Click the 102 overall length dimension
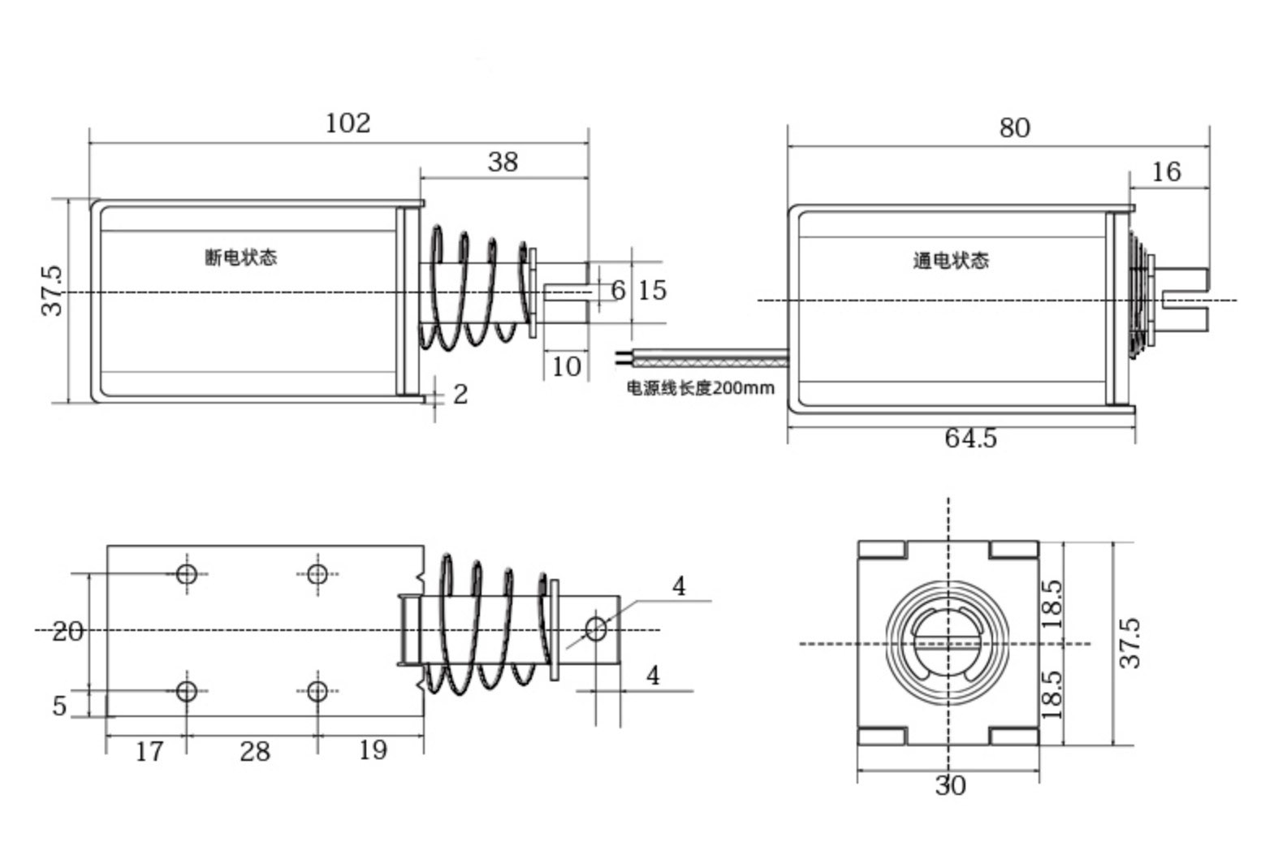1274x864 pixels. [x=348, y=123]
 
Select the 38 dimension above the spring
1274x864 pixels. [x=503, y=162]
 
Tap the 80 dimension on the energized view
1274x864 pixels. [x=1014, y=128]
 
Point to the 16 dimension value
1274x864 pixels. [x=1166, y=172]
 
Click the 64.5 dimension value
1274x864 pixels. [x=970, y=438]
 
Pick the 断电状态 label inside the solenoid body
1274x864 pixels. [x=240, y=257]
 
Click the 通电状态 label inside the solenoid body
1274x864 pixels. [x=951, y=261]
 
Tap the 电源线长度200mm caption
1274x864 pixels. [x=700, y=388]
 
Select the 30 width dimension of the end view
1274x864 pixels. [x=950, y=786]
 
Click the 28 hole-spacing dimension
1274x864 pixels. [x=254, y=752]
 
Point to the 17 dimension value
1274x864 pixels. [x=149, y=752]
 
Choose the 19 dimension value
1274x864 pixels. [x=373, y=750]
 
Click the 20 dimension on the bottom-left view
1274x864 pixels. [x=67, y=632]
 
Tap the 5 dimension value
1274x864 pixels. [x=59, y=706]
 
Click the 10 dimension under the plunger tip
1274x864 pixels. [x=566, y=367]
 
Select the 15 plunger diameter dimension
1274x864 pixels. [x=651, y=290]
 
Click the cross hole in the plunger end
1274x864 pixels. [x=596, y=629]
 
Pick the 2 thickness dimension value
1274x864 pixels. [x=460, y=395]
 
